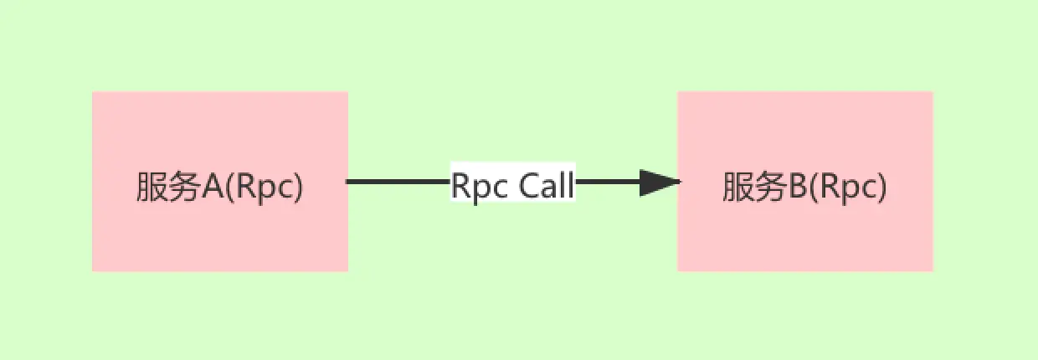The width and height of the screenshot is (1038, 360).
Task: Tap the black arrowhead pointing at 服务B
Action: coord(660,182)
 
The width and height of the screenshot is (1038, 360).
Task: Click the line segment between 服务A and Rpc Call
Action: coord(398,182)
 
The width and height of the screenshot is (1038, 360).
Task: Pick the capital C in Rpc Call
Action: coord(528,185)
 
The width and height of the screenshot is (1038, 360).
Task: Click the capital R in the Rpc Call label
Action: coord(460,185)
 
